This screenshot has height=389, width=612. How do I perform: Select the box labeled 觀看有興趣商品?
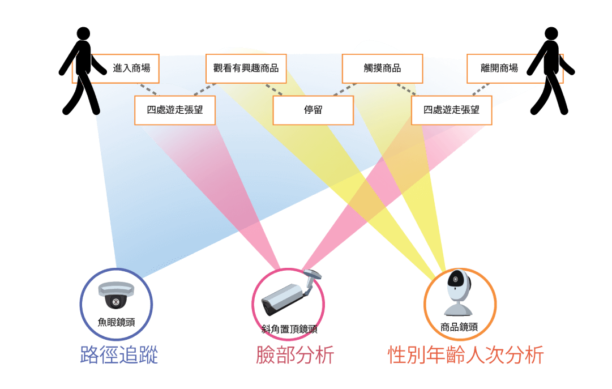(x=246, y=69)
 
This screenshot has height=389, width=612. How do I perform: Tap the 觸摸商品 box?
(x=382, y=69)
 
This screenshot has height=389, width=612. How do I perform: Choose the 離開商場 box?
(x=499, y=69)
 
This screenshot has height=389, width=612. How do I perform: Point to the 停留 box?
(x=313, y=110)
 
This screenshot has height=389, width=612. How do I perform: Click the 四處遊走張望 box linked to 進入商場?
(x=175, y=110)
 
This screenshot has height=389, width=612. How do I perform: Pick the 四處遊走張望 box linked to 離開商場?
(x=451, y=110)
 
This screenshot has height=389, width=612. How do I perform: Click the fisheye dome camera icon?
(x=116, y=295)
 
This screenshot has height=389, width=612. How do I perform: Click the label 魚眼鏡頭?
(x=116, y=322)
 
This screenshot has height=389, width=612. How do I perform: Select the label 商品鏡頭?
(x=459, y=327)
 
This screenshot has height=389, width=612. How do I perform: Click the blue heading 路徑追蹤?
(x=119, y=356)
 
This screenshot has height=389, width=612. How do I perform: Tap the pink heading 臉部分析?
(x=295, y=356)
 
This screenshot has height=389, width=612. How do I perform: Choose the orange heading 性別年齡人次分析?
(x=465, y=356)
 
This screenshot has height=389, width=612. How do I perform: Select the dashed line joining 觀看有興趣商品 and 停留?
(x=275, y=89)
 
